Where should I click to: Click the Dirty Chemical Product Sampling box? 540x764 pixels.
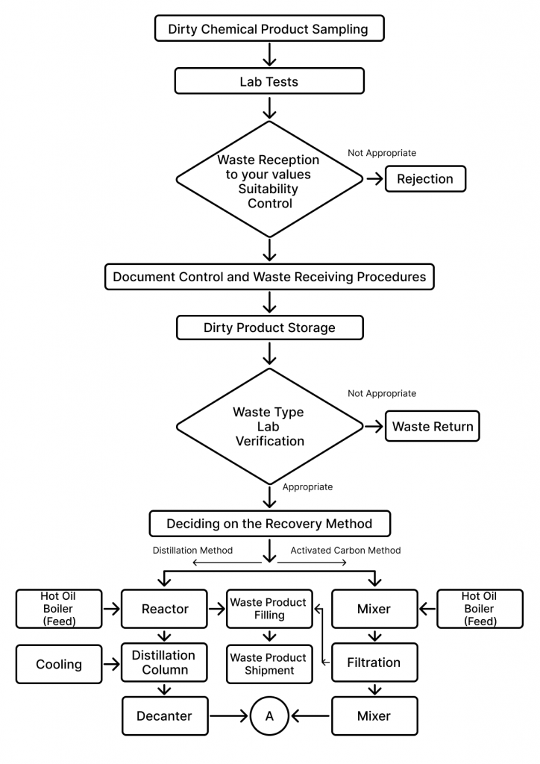(269, 28)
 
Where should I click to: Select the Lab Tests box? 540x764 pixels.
(269, 81)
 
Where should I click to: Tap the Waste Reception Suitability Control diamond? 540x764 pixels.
(269, 179)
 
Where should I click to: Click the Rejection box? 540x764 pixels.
(425, 179)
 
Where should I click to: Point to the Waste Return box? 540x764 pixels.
(433, 426)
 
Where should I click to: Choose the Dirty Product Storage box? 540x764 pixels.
(270, 328)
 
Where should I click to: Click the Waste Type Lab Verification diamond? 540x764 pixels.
(270, 426)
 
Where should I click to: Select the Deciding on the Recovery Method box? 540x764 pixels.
(270, 523)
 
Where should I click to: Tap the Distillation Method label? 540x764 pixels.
(193, 550)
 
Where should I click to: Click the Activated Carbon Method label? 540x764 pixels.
(346, 550)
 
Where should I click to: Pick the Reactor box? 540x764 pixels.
(165, 609)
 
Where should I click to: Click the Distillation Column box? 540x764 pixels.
(165, 663)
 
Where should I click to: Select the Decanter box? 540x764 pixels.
(165, 716)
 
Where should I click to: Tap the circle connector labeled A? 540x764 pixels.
(269, 716)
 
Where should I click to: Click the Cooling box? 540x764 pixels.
(59, 664)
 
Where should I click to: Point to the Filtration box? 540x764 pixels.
(374, 663)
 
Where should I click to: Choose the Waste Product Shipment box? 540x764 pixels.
(269, 664)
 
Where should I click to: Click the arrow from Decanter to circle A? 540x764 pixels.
(229, 716)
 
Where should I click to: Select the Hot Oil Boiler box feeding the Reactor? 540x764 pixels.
(59, 609)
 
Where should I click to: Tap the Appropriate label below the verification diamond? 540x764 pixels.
(308, 486)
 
